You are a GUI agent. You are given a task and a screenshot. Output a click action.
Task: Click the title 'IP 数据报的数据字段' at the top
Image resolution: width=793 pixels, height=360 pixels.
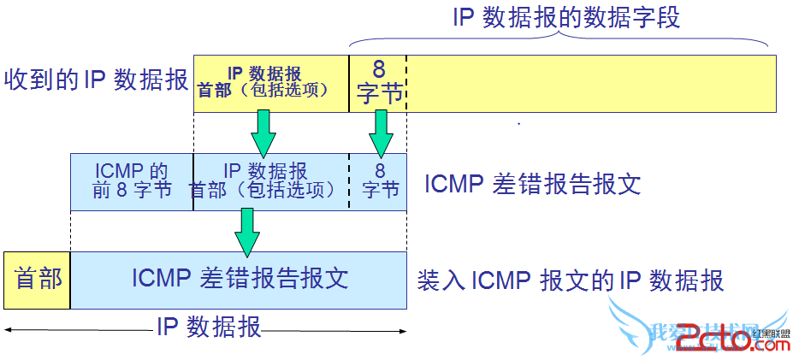(x=566, y=18)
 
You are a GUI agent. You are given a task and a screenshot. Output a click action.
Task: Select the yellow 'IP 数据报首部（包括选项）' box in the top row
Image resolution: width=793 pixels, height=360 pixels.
(x=271, y=83)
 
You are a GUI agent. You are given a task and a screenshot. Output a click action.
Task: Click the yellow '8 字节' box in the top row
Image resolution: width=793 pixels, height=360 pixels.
(x=378, y=83)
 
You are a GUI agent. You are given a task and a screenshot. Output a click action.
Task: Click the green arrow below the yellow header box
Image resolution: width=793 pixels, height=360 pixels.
(x=263, y=133)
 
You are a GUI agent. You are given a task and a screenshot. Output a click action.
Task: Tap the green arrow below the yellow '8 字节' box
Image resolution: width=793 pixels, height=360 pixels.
(x=380, y=133)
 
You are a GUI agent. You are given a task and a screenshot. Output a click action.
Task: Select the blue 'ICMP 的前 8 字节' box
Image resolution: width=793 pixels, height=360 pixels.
(x=132, y=181)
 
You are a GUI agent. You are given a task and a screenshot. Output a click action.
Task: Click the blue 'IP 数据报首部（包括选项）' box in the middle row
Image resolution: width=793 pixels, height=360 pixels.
(x=271, y=181)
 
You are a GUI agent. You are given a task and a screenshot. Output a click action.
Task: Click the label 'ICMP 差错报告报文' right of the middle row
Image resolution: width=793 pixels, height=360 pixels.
(x=532, y=184)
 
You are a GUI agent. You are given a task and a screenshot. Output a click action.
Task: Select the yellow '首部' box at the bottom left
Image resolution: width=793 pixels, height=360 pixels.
(x=37, y=280)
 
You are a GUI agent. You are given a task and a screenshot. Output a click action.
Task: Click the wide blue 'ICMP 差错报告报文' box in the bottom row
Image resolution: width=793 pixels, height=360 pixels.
(x=239, y=280)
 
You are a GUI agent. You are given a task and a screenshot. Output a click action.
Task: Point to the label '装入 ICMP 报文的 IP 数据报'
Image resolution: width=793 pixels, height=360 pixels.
(x=570, y=280)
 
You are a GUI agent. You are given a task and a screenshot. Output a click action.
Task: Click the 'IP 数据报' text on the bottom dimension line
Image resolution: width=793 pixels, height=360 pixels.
(x=209, y=327)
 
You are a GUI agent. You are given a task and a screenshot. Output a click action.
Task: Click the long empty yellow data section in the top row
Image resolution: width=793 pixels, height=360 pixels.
(x=590, y=83)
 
